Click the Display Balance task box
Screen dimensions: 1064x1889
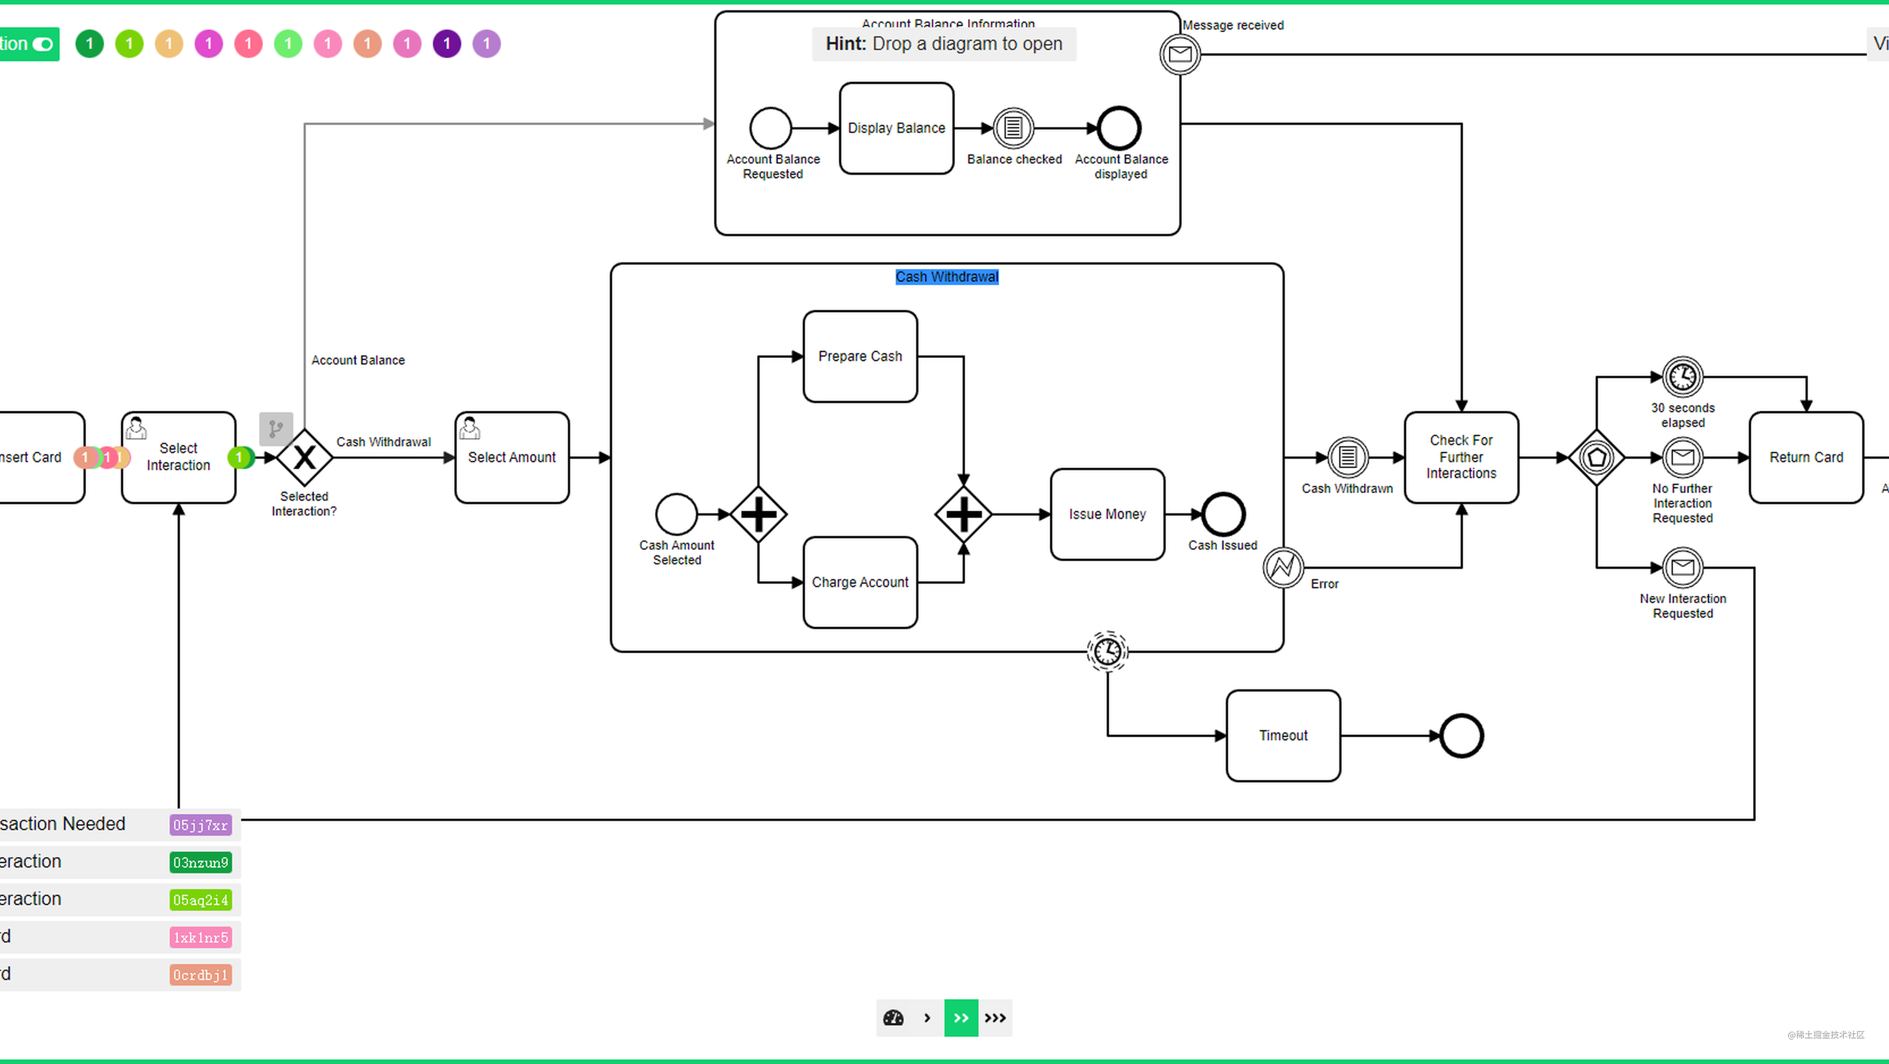[896, 128]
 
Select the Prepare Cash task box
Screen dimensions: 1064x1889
[860, 357]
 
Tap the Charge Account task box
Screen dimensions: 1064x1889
[860, 582]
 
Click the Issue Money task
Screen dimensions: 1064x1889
[1107, 514]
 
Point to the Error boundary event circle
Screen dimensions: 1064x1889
[1283, 567]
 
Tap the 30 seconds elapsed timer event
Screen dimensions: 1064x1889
[1682, 377]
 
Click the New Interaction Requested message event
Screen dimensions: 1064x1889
[1682, 567]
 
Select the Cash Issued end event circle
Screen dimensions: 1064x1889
[1223, 514]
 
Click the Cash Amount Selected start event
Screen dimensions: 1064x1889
[676, 514]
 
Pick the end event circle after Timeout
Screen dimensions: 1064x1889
[1461, 735]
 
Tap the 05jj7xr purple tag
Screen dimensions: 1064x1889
[200, 825]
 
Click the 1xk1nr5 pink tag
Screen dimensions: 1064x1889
[200, 937]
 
